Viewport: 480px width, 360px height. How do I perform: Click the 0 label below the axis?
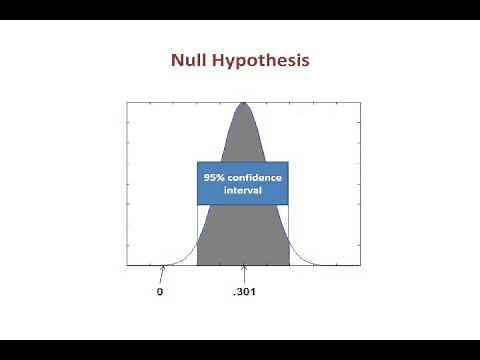click(160, 292)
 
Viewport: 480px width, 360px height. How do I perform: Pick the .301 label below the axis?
click(243, 292)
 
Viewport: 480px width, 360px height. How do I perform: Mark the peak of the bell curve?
click(243, 103)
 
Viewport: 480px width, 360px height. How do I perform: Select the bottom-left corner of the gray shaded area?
click(198, 265)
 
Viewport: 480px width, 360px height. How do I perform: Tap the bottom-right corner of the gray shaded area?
click(289, 265)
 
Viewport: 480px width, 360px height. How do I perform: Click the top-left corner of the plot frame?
click(127, 101)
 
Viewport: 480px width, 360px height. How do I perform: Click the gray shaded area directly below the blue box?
click(243, 235)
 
